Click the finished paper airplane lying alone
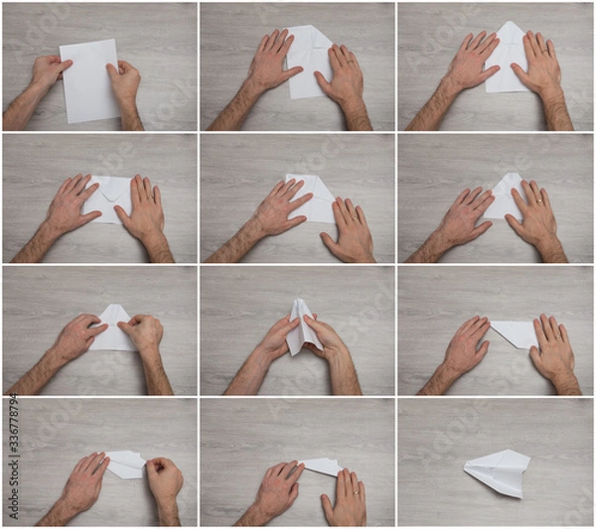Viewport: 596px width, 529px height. [498, 471]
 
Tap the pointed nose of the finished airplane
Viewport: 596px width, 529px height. [466, 466]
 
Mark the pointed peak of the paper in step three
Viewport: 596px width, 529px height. [509, 25]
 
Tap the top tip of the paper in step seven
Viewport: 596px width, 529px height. [111, 307]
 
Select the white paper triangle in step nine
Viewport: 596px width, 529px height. [517, 332]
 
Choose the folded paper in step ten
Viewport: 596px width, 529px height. [125, 463]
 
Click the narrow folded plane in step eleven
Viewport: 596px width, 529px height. [322, 465]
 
